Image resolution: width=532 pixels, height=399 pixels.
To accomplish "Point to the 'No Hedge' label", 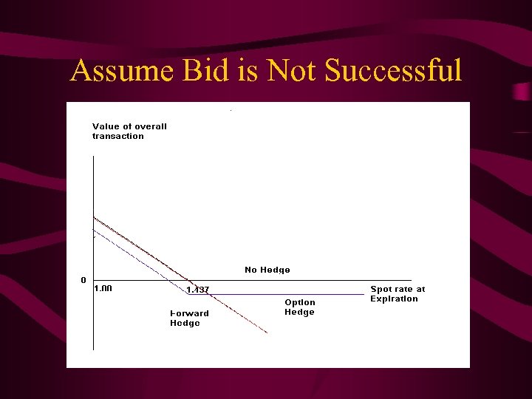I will [267, 270].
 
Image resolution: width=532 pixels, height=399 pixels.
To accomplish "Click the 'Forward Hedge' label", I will [189, 318].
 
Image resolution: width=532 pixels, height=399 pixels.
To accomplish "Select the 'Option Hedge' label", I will [300, 307].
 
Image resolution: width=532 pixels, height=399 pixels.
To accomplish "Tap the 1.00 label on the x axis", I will [103, 289].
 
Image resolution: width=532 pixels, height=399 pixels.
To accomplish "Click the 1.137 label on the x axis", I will [198, 290].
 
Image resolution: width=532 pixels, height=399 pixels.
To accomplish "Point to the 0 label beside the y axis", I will [83, 281].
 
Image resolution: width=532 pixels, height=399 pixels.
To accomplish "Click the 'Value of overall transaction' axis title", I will [129, 131].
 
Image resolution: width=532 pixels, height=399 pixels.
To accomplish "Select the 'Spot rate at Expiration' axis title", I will [398, 294].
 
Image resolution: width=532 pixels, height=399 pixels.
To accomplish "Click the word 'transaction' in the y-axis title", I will [118, 136].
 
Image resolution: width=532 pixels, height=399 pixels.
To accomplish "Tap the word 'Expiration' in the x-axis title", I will [394, 299].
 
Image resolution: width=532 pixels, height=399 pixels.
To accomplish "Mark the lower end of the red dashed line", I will [267, 333].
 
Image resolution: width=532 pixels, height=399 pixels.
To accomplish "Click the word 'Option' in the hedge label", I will [300, 302].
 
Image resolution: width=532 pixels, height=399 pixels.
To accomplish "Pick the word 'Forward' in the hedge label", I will [189, 313].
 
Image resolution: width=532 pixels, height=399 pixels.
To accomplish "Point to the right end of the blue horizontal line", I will [364, 294].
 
